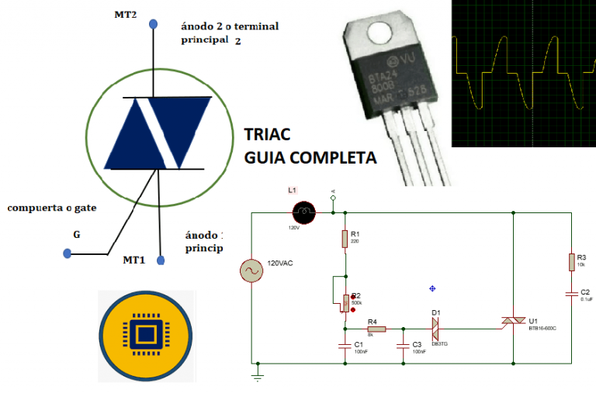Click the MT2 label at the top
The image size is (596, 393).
[x=125, y=15]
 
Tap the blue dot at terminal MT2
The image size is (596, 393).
[x=154, y=24]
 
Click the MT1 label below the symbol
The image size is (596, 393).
[x=134, y=260]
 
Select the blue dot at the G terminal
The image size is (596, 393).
[x=68, y=253]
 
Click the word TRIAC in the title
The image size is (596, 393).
[x=269, y=134]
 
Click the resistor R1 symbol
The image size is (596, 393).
[x=345, y=238]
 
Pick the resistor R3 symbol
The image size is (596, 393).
[x=572, y=261]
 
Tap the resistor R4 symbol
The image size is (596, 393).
[x=376, y=329]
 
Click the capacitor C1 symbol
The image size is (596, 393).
[x=345, y=345]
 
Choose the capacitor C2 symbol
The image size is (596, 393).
[x=572, y=294]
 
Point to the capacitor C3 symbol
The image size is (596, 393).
[x=403, y=345]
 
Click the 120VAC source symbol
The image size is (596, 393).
[x=252, y=271]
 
